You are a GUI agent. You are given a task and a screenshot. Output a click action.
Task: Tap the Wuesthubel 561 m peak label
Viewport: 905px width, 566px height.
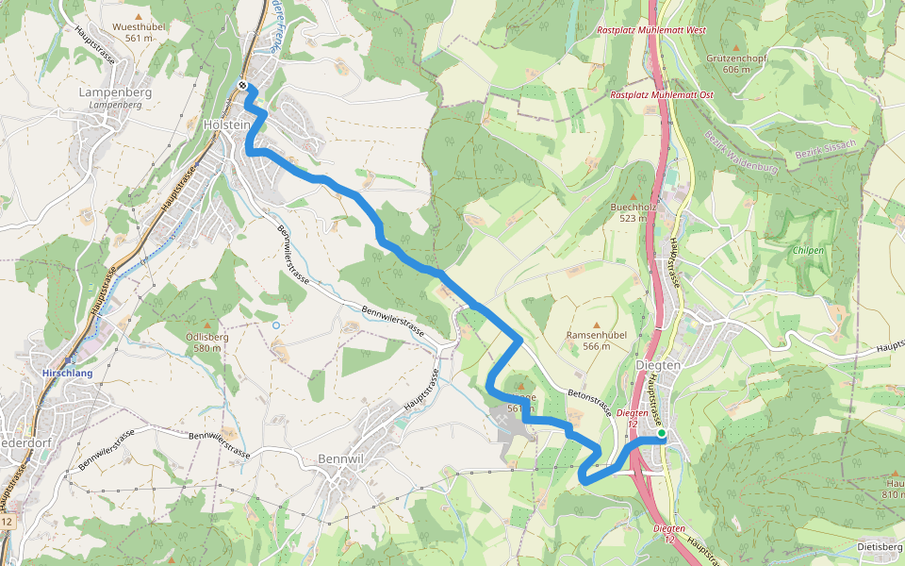click(139, 32)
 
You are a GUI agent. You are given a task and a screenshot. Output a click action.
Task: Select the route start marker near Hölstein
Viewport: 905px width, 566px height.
click(243, 86)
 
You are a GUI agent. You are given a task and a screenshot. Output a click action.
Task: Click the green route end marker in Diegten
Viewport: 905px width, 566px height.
click(661, 433)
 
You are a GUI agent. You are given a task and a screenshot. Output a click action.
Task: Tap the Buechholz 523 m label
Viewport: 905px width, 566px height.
click(633, 211)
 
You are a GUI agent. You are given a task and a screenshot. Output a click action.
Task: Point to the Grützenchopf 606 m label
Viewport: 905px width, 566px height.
click(736, 63)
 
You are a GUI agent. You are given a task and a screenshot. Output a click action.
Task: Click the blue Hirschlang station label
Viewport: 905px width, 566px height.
click(67, 374)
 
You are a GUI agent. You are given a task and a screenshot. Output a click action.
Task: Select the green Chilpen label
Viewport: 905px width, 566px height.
click(808, 251)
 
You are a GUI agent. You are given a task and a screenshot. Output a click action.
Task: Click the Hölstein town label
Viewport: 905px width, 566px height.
click(226, 125)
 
